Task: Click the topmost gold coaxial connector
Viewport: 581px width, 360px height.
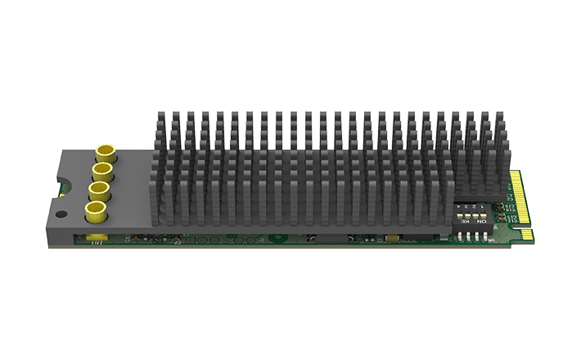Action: pyautogui.click(x=106, y=153)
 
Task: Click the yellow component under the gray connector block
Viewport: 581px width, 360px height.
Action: pyautogui.click(x=96, y=239)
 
